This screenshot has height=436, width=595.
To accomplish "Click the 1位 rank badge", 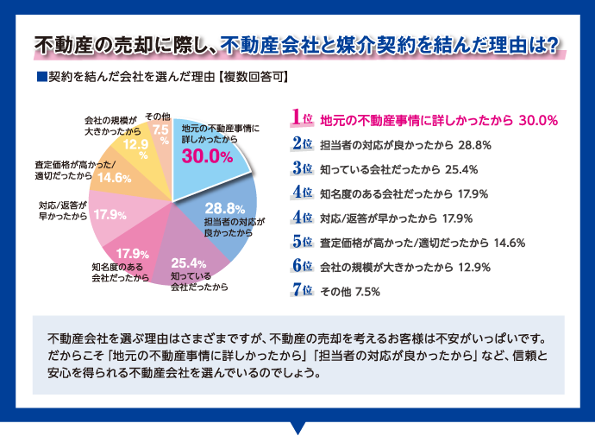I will click(x=302, y=117).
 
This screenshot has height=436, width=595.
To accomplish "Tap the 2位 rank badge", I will click(x=302, y=143).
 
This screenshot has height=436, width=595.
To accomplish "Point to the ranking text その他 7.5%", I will click(x=350, y=291).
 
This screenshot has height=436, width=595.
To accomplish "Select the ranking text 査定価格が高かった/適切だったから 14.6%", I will click(x=422, y=242).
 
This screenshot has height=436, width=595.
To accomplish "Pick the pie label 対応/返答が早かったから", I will click(x=62, y=211).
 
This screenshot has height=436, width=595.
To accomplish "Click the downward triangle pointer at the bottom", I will click(x=298, y=427).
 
